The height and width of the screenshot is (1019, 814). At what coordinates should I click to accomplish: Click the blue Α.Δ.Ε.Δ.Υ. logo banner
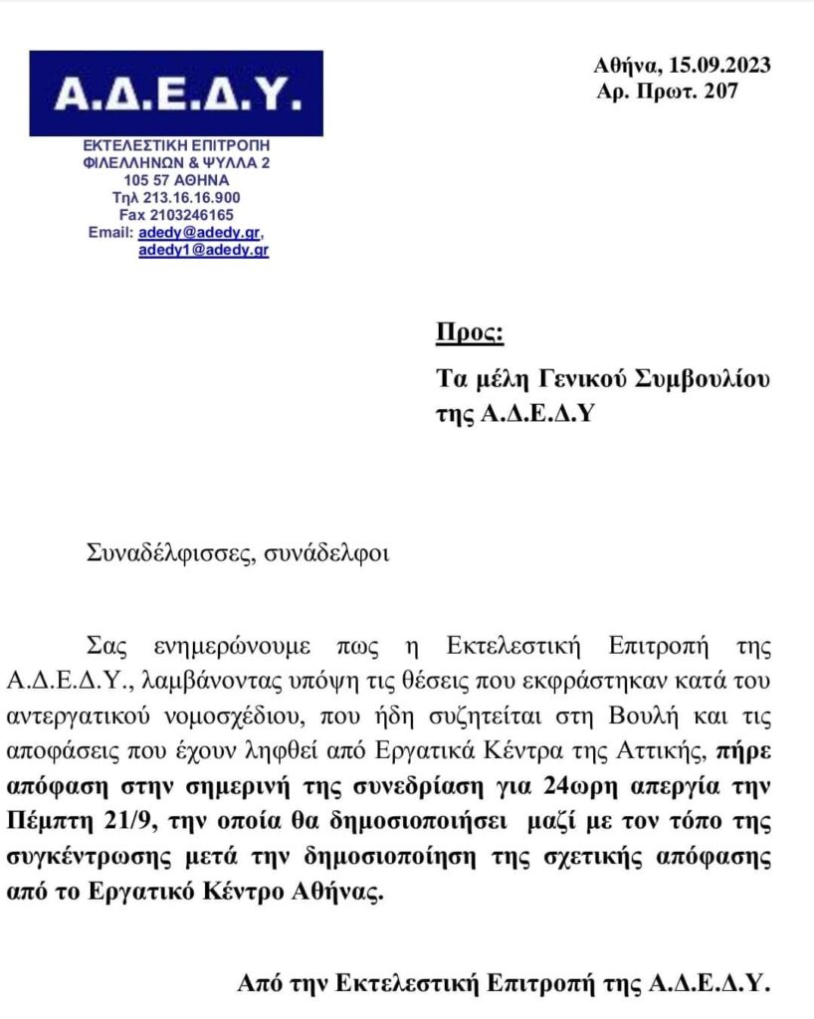(x=176, y=94)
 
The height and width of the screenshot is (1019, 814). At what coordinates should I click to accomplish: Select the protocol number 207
(x=722, y=92)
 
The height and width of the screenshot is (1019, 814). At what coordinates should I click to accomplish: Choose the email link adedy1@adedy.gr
(x=203, y=251)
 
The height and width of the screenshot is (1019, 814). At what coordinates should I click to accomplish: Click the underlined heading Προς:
(x=471, y=332)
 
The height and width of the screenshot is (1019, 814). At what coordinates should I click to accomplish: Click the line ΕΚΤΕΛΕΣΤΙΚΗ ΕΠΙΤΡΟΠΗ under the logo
(x=176, y=145)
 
